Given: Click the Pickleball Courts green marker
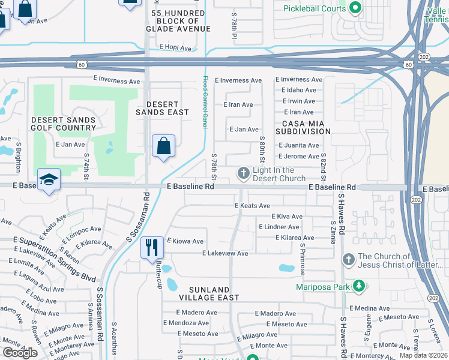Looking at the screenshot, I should click(355, 8).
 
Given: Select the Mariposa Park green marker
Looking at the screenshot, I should click(359, 286).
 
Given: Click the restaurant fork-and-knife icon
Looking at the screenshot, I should click(151, 247).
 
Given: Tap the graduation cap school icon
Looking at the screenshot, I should click(48, 179).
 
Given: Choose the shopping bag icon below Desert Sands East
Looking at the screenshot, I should click(163, 145).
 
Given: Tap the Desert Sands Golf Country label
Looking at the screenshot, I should click(63, 124).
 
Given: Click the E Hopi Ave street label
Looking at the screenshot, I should click(175, 47).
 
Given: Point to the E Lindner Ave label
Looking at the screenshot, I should click(279, 227).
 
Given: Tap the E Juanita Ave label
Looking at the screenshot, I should click(299, 145).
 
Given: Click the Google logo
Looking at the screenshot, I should click(19, 353).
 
